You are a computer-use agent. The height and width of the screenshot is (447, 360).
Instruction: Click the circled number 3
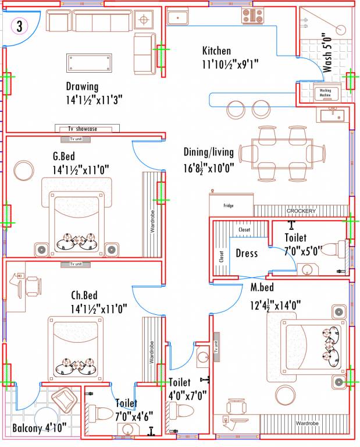click(20, 26)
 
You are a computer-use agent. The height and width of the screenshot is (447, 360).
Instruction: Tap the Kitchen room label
click(216, 51)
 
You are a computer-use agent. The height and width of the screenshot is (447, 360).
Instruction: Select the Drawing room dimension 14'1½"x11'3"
click(94, 100)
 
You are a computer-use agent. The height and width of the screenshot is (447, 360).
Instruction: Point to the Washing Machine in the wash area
click(325, 93)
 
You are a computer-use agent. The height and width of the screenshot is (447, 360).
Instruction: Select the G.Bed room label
click(66, 156)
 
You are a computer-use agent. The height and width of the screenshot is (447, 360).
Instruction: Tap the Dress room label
click(247, 254)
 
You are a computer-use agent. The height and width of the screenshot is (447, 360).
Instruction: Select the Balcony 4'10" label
click(40, 430)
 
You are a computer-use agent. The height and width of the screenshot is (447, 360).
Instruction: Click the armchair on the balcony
click(63, 400)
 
